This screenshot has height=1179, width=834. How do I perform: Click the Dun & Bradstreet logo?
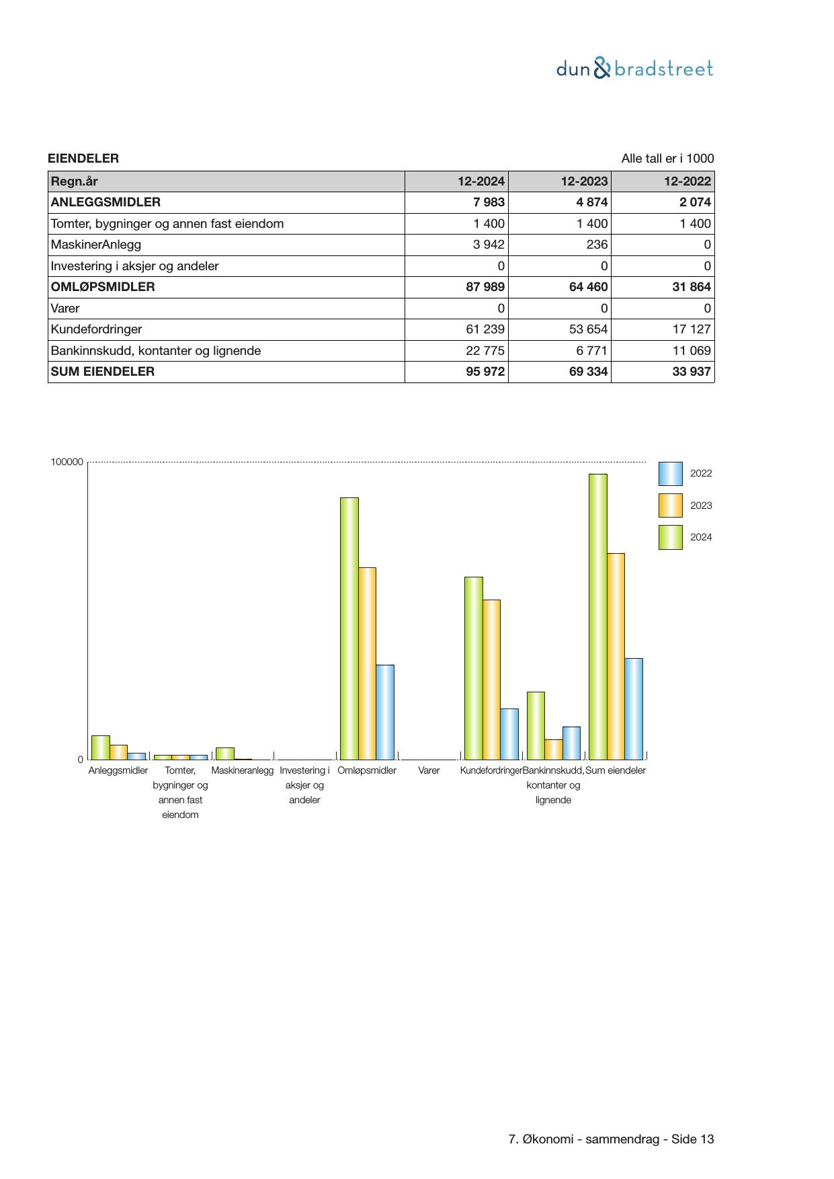(x=634, y=69)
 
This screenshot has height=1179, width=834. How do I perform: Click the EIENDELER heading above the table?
(x=83, y=159)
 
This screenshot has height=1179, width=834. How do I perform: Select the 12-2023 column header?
(x=585, y=181)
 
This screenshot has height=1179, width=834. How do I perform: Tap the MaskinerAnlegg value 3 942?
(x=489, y=245)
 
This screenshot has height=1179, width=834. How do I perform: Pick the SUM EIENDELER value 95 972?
(x=485, y=372)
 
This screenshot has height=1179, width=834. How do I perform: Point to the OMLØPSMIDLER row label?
(x=103, y=287)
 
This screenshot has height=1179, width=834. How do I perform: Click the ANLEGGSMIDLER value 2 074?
(x=695, y=202)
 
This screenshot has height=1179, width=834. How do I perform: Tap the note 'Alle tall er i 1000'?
(x=667, y=159)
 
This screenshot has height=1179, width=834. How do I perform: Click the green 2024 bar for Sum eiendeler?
(x=597, y=616)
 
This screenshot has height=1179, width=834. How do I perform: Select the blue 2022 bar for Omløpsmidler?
(x=385, y=712)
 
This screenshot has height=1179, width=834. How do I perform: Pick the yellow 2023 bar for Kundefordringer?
(x=491, y=679)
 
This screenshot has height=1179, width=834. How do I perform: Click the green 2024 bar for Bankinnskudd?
(x=536, y=725)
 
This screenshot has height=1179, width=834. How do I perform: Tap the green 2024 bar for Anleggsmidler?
(x=101, y=747)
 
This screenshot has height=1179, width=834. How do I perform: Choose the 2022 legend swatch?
(x=670, y=474)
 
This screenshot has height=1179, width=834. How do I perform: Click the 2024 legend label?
(x=701, y=537)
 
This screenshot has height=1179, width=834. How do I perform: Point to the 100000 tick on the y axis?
(x=67, y=462)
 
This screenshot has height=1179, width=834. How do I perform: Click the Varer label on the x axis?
(x=429, y=770)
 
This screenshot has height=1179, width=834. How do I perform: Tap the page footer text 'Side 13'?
(x=692, y=1139)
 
